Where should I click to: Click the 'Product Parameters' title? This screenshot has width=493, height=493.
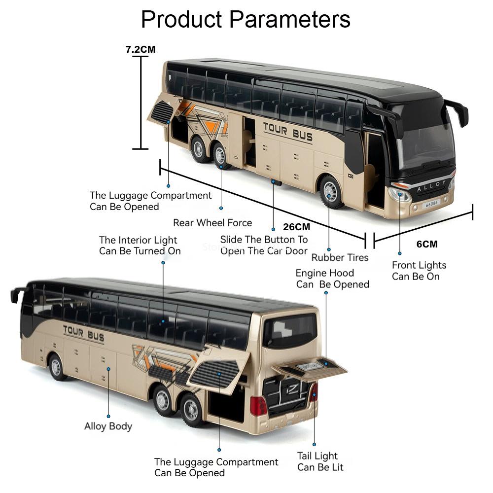click(x=246, y=20)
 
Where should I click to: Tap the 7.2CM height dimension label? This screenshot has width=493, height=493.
click(x=141, y=49)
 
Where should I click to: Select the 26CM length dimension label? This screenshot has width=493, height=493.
click(x=296, y=227)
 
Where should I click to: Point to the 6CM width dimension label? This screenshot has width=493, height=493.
click(x=427, y=244)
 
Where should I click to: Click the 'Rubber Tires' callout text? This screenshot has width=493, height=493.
click(x=340, y=257)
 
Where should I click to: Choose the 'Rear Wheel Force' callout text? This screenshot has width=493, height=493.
click(x=212, y=223)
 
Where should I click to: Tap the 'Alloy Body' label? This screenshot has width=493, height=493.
click(x=108, y=426)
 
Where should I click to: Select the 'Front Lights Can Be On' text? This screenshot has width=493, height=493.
click(x=419, y=271)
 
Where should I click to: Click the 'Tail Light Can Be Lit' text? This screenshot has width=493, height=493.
click(x=320, y=461)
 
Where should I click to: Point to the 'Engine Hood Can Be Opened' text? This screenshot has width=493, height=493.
click(x=332, y=279)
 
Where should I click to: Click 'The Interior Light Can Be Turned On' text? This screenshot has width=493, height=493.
click(x=140, y=246)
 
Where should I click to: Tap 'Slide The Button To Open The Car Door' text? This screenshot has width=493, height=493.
click(x=264, y=245)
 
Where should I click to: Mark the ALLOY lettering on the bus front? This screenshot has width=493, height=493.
click(x=431, y=186)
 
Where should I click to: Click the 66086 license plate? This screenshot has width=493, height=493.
click(x=432, y=204)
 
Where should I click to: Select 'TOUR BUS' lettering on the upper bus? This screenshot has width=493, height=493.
click(x=288, y=132)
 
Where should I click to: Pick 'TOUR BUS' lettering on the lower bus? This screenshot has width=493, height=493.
click(x=84, y=334)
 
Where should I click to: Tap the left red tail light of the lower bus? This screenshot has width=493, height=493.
click(x=258, y=406)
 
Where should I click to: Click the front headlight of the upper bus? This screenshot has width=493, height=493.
click(x=399, y=195)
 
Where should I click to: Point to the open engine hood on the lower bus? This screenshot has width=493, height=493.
click(x=310, y=368)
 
